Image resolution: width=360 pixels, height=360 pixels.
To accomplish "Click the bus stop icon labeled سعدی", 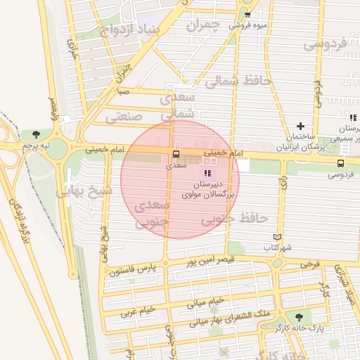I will click(176, 153).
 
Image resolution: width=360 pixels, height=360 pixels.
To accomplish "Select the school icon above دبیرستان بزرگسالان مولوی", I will click(207, 173).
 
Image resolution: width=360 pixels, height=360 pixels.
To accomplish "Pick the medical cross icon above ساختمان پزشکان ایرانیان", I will click(300, 126).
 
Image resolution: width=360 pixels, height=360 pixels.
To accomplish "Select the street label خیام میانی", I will click(206, 302).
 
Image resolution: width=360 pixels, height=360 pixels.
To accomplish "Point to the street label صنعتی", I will click(123, 116).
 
